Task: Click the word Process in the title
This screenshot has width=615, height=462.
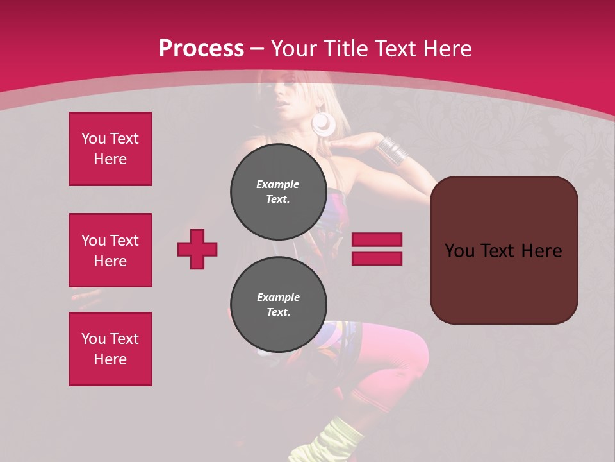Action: tap(201, 49)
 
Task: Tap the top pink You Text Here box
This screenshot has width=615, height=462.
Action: tap(110, 149)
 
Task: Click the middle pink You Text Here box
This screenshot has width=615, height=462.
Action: tap(110, 250)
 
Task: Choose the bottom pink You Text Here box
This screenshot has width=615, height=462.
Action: tap(110, 349)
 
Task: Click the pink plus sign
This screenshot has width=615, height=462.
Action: tap(197, 249)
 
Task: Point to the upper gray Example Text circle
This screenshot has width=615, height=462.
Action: tap(278, 192)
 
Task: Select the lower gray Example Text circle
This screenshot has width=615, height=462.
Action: tap(278, 305)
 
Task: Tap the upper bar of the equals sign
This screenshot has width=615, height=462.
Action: tap(377, 239)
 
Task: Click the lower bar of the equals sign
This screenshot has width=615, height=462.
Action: tap(377, 258)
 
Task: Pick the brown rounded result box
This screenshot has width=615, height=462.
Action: tap(504, 250)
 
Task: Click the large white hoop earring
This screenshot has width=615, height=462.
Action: tap(324, 123)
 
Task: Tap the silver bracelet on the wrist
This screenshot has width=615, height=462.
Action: tap(392, 148)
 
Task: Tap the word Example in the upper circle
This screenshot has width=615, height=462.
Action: tap(278, 184)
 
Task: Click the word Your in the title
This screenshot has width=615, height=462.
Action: tap(295, 49)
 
